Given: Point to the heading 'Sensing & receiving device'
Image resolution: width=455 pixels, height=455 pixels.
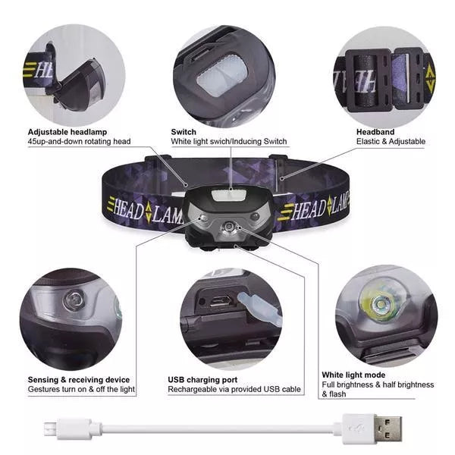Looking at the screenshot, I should pyautogui.click(x=79, y=380).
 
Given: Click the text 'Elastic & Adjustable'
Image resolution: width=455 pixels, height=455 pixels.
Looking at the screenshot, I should pyautogui.click(x=391, y=142).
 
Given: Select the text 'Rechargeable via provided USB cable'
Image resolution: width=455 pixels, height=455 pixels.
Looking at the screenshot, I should pyautogui.click(x=234, y=390).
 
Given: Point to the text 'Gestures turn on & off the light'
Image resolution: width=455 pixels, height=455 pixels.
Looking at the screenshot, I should pyautogui.click(x=81, y=390).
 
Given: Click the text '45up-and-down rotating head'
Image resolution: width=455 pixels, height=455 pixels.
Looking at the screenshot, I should pyautogui.click(x=80, y=142).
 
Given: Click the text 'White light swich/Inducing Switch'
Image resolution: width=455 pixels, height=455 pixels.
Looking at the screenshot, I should pyautogui.click(x=229, y=142).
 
